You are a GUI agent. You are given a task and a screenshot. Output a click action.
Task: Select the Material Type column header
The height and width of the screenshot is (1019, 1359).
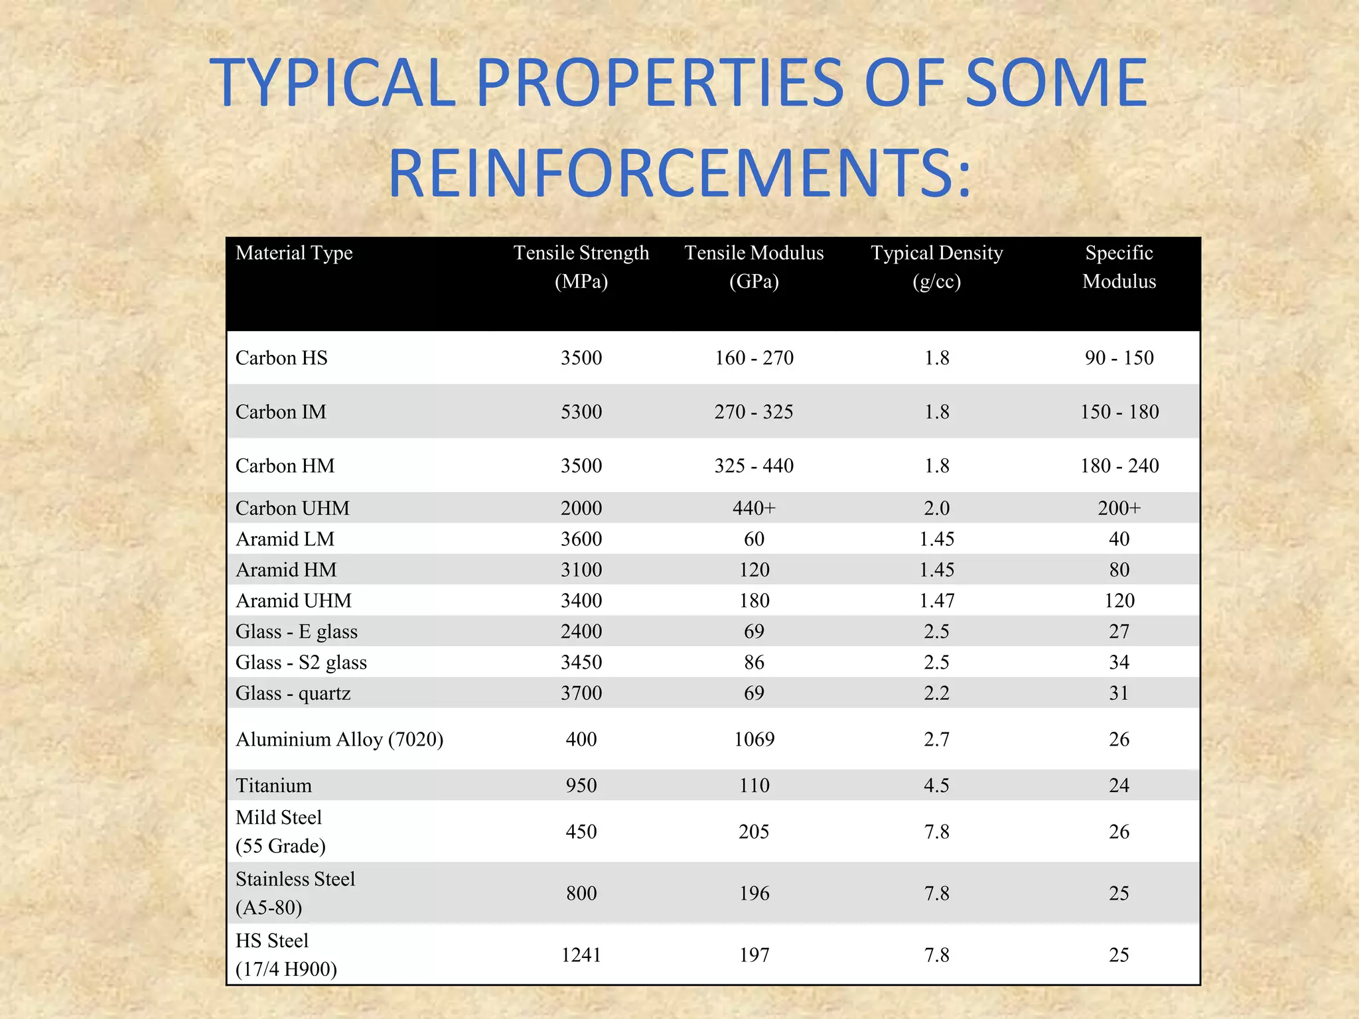(x=294, y=253)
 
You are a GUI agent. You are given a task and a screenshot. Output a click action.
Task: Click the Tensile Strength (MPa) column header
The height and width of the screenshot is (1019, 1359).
(x=581, y=267)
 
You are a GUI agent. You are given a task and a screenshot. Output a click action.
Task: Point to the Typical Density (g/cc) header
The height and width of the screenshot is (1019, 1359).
(x=936, y=267)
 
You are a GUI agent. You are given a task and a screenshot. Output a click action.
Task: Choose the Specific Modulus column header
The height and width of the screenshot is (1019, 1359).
(x=1119, y=267)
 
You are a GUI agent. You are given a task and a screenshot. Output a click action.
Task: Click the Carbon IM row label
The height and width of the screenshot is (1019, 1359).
(x=281, y=412)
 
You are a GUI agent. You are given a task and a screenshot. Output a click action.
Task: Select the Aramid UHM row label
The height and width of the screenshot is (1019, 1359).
(x=293, y=600)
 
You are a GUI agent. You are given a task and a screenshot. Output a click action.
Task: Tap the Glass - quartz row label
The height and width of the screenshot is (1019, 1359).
(x=293, y=693)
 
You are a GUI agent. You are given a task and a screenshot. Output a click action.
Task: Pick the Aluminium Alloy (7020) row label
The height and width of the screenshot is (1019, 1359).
(x=339, y=739)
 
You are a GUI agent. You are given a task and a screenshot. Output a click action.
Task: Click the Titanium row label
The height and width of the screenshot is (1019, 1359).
(x=273, y=785)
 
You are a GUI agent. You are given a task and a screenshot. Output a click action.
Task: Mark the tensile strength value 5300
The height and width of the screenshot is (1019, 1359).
(x=581, y=412)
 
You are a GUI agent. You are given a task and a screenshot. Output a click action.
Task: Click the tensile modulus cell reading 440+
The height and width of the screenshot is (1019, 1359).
(x=754, y=508)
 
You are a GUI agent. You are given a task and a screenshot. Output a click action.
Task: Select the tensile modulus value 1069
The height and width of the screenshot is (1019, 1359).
(x=754, y=739)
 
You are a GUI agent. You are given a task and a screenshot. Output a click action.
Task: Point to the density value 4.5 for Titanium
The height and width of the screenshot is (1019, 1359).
(x=936, y=785)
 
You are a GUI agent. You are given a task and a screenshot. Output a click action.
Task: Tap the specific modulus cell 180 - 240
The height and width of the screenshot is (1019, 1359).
(x=1119, y=466)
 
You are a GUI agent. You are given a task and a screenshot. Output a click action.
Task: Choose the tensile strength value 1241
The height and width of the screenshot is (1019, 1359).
(x=581, y=955)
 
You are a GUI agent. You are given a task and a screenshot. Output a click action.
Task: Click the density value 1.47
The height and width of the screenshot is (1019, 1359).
(x=936, y=600)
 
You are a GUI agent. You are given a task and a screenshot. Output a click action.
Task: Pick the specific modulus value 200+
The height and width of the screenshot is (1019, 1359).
(x=1119, y=508)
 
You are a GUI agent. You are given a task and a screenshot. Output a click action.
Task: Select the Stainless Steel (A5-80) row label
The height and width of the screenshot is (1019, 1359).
(x=295, y=893)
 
